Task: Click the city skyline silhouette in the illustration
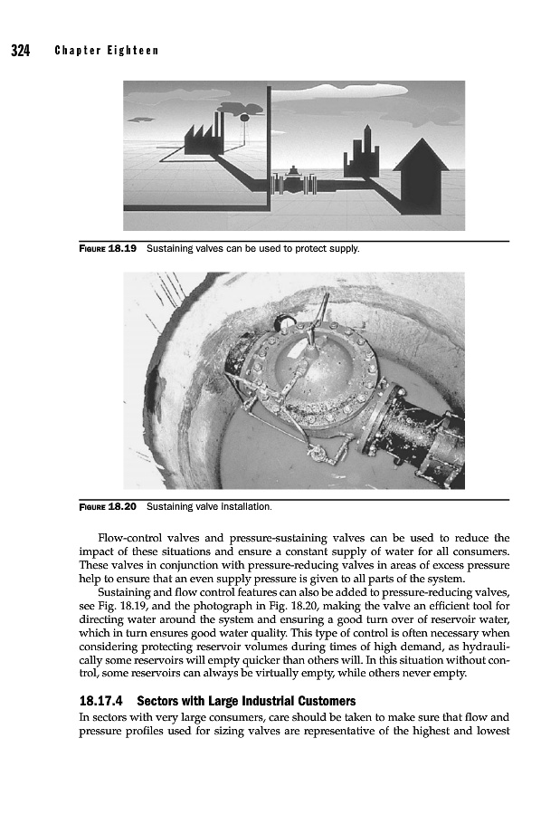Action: pos(361,154)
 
